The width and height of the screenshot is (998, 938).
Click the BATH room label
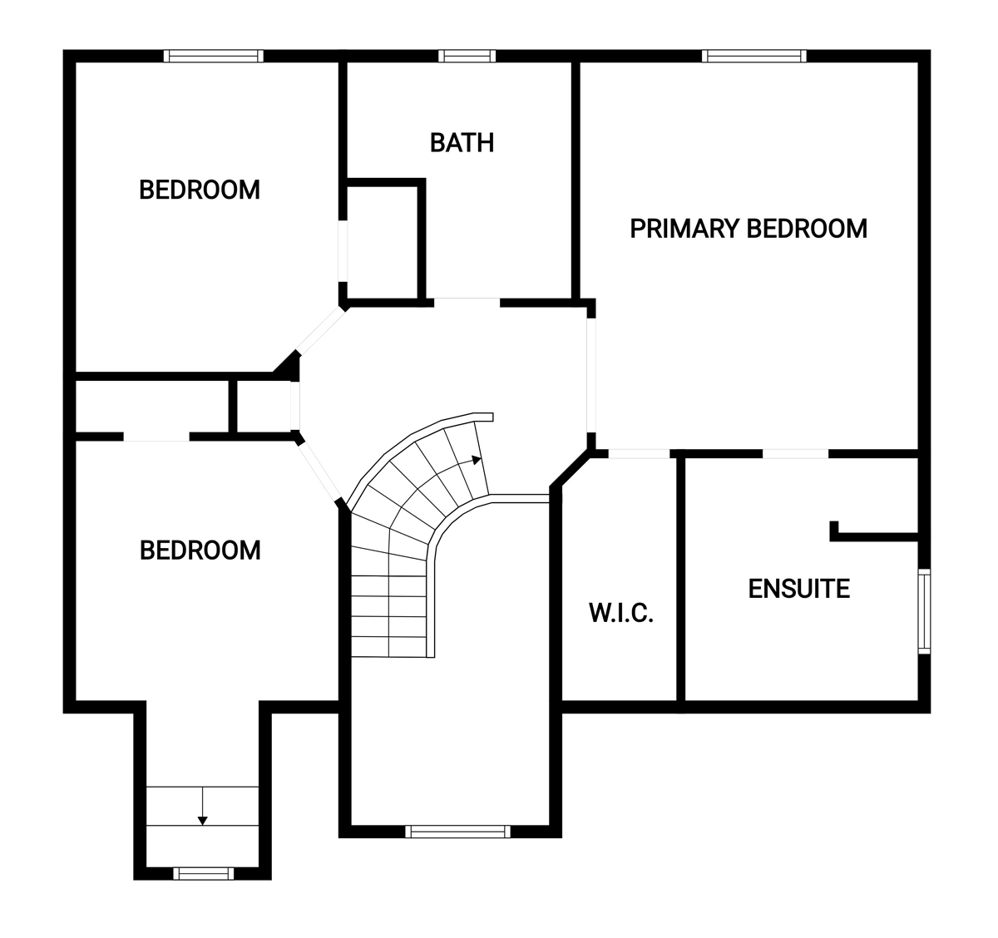tap(462, 143)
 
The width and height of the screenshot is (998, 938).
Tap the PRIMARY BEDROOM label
tap(748, 229)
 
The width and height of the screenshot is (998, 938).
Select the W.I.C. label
tap(621, 613)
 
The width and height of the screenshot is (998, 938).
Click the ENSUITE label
tap(799, 589)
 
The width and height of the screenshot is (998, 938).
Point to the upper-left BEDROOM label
tap(200, 190)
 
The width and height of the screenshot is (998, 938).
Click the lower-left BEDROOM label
tap(200, 550)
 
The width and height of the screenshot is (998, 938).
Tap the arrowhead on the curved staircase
tap(477, 460)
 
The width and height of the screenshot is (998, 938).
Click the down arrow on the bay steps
tap(203, 806)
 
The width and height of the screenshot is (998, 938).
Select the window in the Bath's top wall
tap(467, 56)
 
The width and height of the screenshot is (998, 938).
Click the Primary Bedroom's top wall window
tap(753, 56)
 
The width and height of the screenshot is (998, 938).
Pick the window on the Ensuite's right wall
tap(924, 611)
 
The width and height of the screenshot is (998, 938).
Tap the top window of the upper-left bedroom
tap(214, 56)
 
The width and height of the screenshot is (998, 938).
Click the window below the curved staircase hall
tap(457, 832)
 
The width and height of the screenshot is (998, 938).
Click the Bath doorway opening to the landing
tap(467, 303)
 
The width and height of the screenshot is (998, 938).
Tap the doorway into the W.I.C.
tap(640, 453)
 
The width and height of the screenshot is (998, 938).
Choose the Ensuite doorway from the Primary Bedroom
tap(795, 453)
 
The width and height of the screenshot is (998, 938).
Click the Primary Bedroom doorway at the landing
tap(591, 375)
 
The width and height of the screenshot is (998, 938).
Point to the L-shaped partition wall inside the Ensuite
tap(873, 536)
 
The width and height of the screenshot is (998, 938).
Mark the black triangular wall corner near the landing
tap(290, 366)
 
